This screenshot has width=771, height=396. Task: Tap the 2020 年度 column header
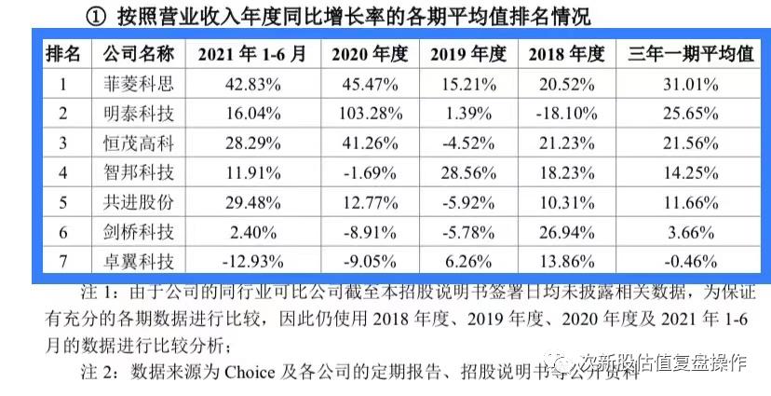coord(370,54)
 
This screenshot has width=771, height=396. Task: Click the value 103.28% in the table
coord(370,114)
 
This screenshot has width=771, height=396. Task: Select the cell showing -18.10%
coord(566,114)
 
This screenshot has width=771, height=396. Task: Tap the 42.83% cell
coord(251,85)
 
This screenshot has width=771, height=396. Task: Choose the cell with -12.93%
coord(251,260)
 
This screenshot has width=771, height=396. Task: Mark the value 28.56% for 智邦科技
coord(467,172)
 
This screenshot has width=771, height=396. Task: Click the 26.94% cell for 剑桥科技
coord(566,231)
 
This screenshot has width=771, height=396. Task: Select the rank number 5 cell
coord(63,201)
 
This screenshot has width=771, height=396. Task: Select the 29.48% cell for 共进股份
coord(251,201)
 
